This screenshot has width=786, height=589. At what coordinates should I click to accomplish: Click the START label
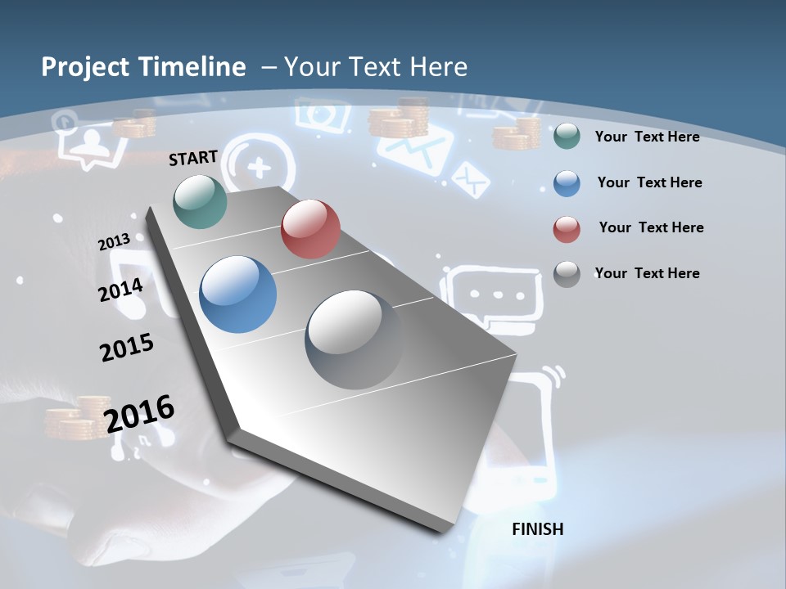(x=193, y=158)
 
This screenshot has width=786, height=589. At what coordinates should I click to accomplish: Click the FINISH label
(x=537, y=529)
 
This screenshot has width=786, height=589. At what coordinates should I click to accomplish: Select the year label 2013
(x=114, y=242)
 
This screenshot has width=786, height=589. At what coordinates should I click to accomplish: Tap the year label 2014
(x=120, y=290)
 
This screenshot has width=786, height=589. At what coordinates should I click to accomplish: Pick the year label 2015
(x=126, y=347)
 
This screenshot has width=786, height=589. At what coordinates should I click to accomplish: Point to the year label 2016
(x=139, y=414)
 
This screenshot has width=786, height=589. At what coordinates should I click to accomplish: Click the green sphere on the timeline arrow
(x=201, y=201)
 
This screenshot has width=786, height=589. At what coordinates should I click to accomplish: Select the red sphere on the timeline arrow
(x=310, y=229)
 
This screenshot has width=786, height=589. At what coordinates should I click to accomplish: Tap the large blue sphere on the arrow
(x=238, y=294)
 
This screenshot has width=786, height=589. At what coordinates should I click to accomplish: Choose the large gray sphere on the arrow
(x=354, y=339)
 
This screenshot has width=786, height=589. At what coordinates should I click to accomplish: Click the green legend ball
(x=567, y=137)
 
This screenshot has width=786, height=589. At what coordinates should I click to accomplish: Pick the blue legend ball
(x=567, y=183)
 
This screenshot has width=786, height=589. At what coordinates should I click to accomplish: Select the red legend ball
(x=567, y=229)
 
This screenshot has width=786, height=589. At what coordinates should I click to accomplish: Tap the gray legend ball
(x=567, y=274)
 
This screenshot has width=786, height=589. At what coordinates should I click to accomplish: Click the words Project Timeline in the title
(x=143, y=67)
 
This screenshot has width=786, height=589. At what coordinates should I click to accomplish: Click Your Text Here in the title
(x=376, y=67)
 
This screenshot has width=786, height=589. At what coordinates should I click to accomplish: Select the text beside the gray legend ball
(x=647, y=273)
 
